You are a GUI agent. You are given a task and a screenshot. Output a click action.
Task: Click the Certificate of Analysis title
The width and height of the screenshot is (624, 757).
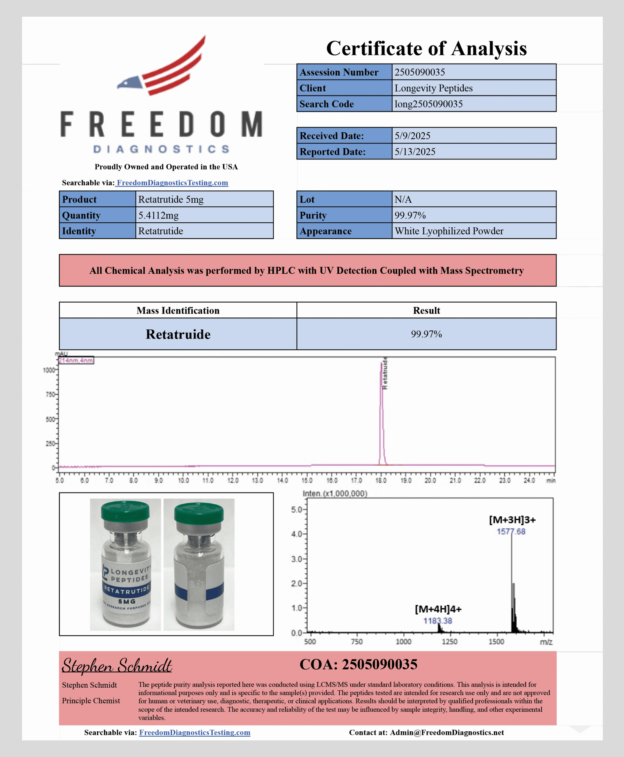pyautogui.click(x=426, y=48)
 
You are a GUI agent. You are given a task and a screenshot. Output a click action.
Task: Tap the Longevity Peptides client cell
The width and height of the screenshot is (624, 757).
pyautogui.click(x=433, y=88)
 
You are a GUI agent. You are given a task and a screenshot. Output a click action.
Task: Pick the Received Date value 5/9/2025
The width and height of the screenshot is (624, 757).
pyautogui.click(x=412, y=136)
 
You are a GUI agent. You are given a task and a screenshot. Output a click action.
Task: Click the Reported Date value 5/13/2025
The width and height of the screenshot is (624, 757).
pyautogui.click(x=415, y=152)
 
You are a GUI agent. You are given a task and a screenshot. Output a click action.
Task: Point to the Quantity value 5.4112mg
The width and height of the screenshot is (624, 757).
pyautogui.click(x=158, y=215)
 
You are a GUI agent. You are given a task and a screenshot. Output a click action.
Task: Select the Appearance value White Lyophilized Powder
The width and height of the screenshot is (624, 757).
pyautogui.click(x=448, y=231)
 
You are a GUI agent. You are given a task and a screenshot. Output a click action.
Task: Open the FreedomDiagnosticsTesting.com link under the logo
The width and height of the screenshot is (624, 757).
pyautogui.click(x=172, y=183)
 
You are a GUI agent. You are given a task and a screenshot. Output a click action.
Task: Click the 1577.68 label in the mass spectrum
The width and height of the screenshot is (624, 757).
pyautogui.click(x=511, y=532)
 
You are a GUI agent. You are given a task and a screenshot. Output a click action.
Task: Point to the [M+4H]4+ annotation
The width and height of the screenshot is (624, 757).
pyautogui.click(x=438, y=609)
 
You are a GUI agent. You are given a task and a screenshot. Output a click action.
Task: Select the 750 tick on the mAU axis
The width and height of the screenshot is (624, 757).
pyautogui.click(x=50, y=395)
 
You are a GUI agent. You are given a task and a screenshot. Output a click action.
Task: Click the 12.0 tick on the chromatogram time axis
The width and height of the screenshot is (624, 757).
pyautogui.click(x=233, y=480)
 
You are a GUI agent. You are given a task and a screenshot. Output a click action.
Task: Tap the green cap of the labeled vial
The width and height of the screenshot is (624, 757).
pyautogui.click(x=125, y=511)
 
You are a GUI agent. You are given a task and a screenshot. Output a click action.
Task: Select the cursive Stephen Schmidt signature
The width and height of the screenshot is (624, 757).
pyautogui.click(x=117, y=666)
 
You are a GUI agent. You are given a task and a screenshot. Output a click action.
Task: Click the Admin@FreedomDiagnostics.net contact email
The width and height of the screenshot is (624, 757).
pyautogui.click(x=447, y=732)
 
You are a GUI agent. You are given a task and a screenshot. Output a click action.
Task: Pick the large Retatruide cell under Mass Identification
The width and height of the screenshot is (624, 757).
pyautogui.click(x=178, y=334)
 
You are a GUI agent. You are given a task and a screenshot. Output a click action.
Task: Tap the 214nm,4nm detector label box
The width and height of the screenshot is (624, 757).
pyautogui.click(x=76, y=360)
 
